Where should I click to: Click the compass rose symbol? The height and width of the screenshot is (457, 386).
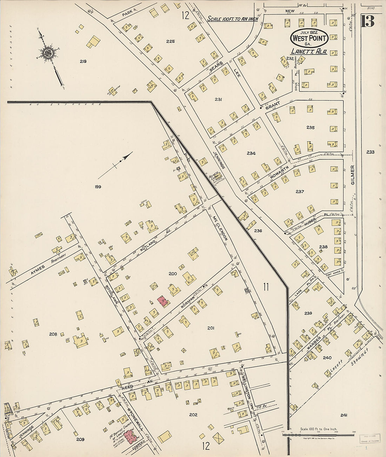click(47, 53)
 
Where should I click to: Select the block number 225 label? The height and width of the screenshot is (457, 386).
click(170, 41)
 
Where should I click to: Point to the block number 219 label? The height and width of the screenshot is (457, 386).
click(83, 61)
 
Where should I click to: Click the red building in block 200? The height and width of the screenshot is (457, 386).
click(162, 301)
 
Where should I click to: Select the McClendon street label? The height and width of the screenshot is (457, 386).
click(220, 228)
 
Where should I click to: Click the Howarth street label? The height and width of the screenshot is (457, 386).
click(279, 173)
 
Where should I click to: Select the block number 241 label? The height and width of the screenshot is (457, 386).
click(344, 415)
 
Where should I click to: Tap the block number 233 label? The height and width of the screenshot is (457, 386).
click(370, 152)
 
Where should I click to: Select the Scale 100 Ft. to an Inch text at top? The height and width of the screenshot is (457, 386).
click(232, 19)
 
